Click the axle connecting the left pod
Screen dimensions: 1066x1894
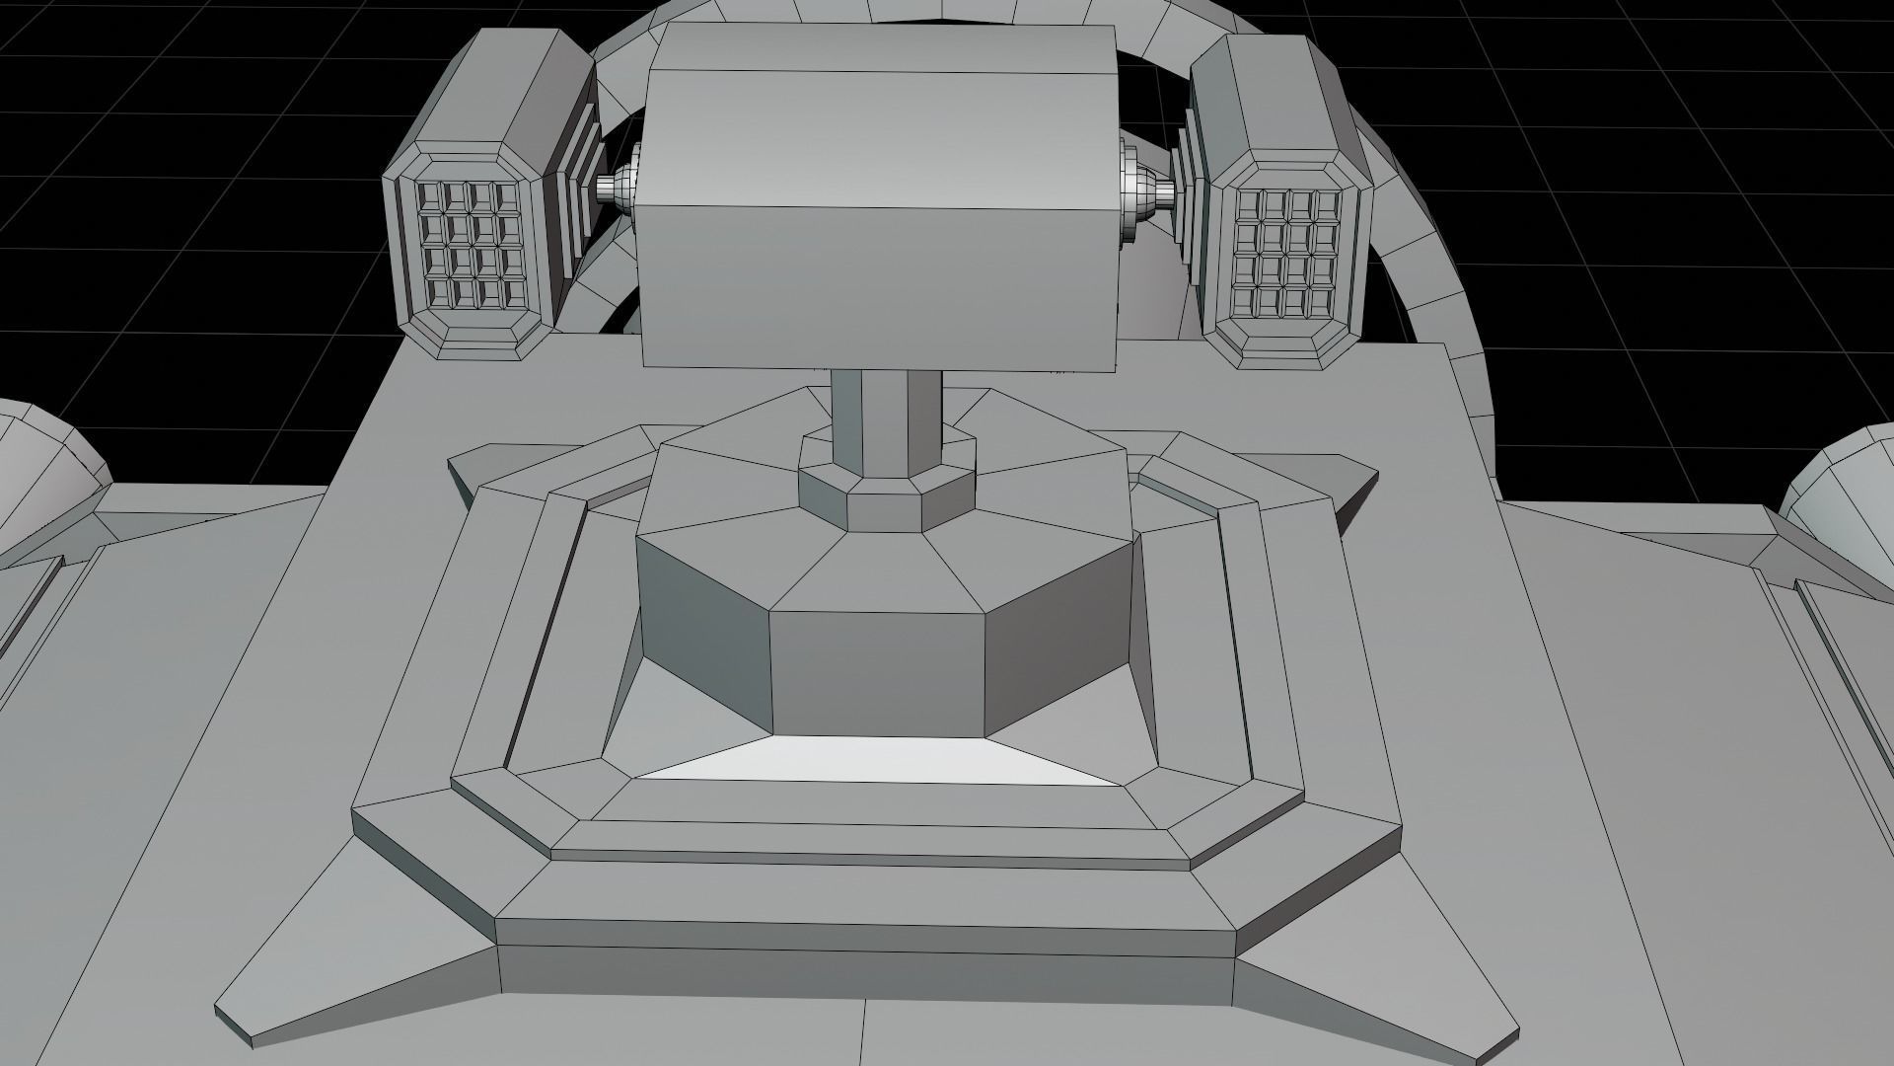[616, 186]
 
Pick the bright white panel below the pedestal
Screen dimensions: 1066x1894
[878, 762]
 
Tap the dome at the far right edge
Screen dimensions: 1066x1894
[1845, 484]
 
